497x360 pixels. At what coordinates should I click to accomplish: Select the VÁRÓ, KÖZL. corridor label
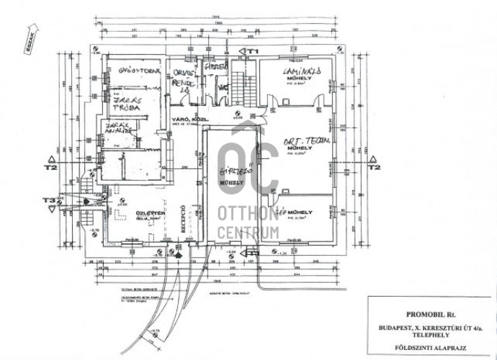[x=185, y=118]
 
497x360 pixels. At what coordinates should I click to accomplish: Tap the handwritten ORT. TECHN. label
[x=306, y=143]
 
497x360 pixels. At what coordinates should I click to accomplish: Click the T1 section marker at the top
[x=252, y=51]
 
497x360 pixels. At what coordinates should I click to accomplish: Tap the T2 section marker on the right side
[x=372, y=167]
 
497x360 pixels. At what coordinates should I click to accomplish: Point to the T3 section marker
[x=49, y=199]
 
